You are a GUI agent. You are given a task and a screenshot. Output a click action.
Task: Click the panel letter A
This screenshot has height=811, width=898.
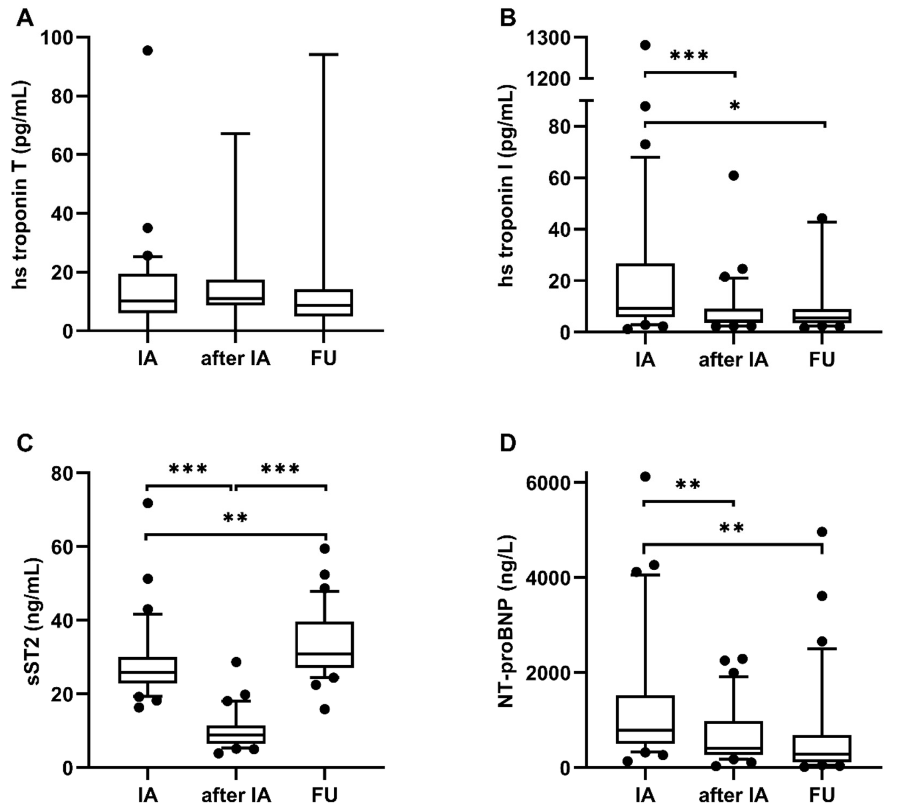point(25,19)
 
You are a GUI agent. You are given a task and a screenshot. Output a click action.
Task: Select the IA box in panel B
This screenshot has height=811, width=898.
point(645,290)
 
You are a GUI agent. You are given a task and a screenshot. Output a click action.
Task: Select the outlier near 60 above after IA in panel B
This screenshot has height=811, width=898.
point(734,175)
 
